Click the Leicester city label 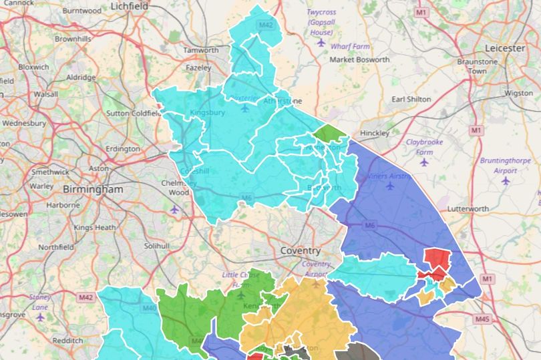(506, 49)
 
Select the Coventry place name (300, 250)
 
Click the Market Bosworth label (360, 60)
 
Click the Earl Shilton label (411, 100)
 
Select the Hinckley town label (374, 134)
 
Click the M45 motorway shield (482, 319)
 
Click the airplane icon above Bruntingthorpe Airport (506, 180)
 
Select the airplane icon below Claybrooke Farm (424, 162)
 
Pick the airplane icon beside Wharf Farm (321, 43)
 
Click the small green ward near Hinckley (331, 134)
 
